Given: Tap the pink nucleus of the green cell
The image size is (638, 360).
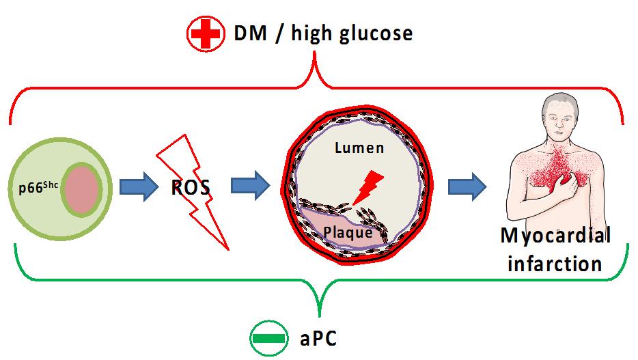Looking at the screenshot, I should (83, 189).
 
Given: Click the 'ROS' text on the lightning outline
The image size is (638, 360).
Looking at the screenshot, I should (192, 187).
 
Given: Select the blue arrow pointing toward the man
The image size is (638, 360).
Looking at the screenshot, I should (467, 186).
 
